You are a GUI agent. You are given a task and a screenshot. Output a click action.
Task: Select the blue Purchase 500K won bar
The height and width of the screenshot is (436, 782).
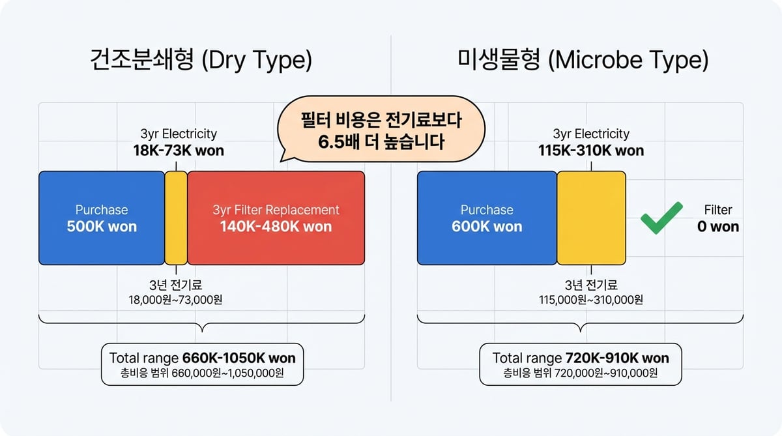click(102, 218)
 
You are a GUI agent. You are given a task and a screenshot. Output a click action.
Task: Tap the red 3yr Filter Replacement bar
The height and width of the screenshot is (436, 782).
click(276, 218)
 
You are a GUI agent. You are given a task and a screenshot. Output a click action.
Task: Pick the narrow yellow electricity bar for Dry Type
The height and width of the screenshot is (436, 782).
click(176, 218)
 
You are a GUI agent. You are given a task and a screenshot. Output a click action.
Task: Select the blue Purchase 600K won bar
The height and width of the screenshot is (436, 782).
click(487, 218)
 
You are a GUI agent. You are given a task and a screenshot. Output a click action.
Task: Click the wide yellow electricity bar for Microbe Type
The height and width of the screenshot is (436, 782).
click(591, 218)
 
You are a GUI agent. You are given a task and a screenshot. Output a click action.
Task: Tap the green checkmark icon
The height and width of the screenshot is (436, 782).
click(661, 218)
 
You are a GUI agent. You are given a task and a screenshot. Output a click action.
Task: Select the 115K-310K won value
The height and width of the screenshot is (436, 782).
click(591, 151)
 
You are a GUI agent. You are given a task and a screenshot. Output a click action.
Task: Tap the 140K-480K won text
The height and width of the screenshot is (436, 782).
click(276, 227)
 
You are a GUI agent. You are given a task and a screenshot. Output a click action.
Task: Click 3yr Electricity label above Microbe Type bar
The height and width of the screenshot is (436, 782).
click(591, 134)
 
